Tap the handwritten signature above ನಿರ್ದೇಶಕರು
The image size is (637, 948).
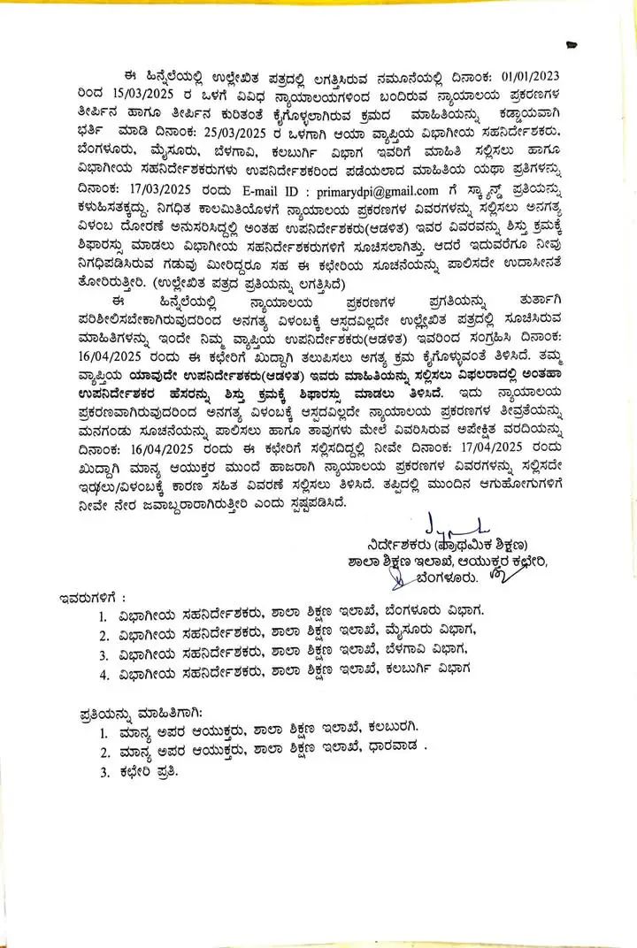point(446,524)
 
